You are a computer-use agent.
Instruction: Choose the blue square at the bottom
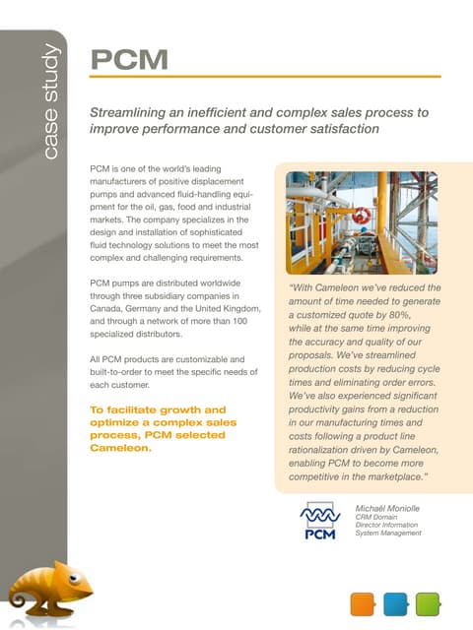395,603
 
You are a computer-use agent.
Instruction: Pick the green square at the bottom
428,603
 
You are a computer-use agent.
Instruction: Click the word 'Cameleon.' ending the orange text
119,448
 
